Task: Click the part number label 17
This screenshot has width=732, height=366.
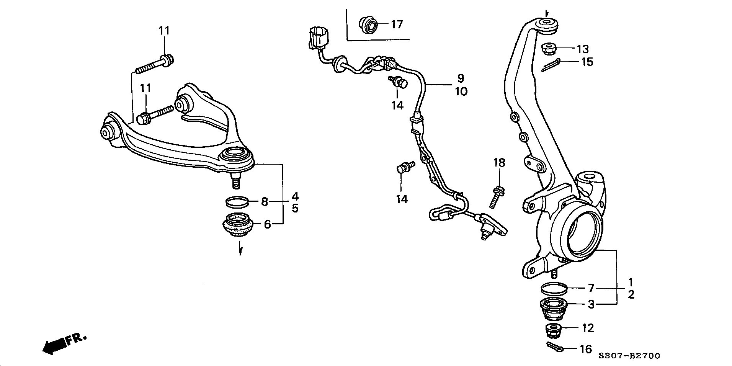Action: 397,25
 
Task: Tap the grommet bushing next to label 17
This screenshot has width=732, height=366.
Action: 368,25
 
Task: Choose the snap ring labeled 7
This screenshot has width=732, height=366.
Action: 554,288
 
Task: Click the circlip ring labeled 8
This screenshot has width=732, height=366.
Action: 236,201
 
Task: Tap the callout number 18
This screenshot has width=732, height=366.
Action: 499,163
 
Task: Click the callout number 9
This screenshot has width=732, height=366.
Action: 460,78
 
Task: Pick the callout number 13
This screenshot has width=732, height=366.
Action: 583,49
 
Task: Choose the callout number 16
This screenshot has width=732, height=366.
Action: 586,349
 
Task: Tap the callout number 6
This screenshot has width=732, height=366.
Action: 267,224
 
